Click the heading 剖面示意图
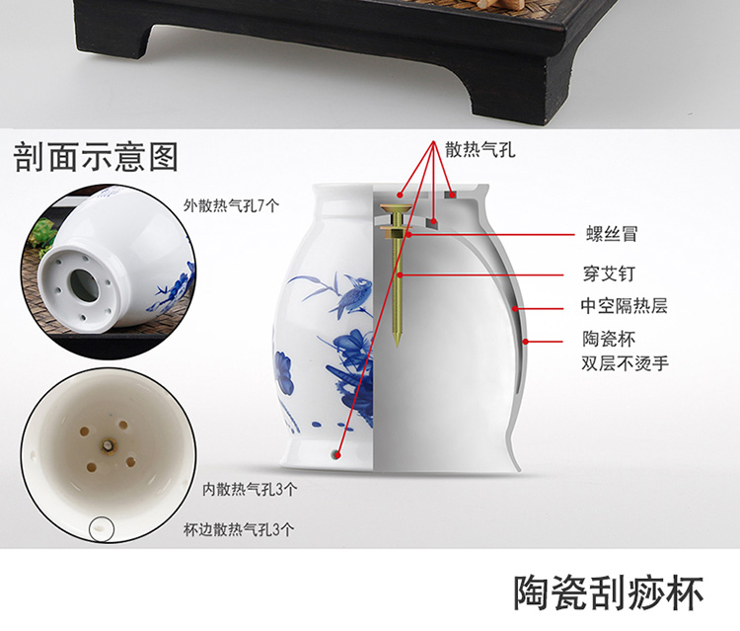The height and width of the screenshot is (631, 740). (x=96, y=157)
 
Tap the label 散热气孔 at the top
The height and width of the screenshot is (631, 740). (x=480, y=150)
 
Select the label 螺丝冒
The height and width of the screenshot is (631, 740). (x=612, y=234)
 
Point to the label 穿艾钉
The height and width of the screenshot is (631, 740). (x=609, y=274)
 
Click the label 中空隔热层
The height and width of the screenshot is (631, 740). (x=624, y=306)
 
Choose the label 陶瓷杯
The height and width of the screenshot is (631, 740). (x=609, y=339)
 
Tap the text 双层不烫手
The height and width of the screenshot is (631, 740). (x=625, y=363)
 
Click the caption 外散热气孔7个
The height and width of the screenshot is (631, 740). (x=231, y=205)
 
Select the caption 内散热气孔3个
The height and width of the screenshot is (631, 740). (x=250, y=490)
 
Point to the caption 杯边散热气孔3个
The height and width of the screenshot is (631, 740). (x=239, y=529)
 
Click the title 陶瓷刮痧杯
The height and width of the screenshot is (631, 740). (x=609, y=592)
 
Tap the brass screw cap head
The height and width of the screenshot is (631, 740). (x=395, y=207)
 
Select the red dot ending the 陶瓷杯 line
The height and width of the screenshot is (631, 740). (x=525, y=342)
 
